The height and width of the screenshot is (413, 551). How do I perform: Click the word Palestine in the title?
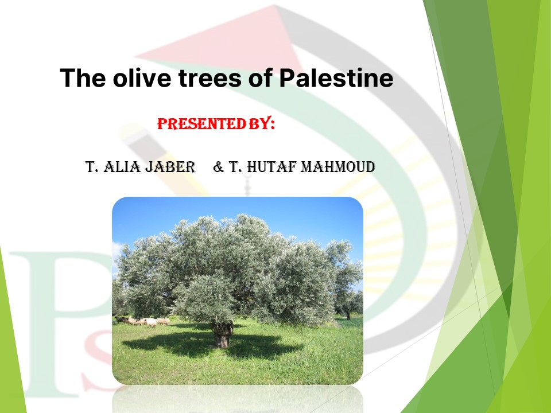click(x=336, y=77)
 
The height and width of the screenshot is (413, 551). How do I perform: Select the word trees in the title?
click(x=210, y=78)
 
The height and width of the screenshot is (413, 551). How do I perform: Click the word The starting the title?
click(x=83, y=77)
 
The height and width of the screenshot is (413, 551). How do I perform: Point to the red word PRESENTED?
click(x=201, y=124)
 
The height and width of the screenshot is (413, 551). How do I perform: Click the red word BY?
click(x=262, y=123)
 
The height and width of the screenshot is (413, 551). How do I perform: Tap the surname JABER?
click(x=170, y=167)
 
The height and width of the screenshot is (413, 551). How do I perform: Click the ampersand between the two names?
click(x=218, y=167)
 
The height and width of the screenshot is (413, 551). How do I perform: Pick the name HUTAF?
click(x=272, y=167)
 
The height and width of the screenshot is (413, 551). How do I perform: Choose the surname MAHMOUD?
click(x=338, y=167)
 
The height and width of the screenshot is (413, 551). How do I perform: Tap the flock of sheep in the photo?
click(x=143, y=321)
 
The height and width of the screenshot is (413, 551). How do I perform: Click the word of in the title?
click(x=261, y=77)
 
